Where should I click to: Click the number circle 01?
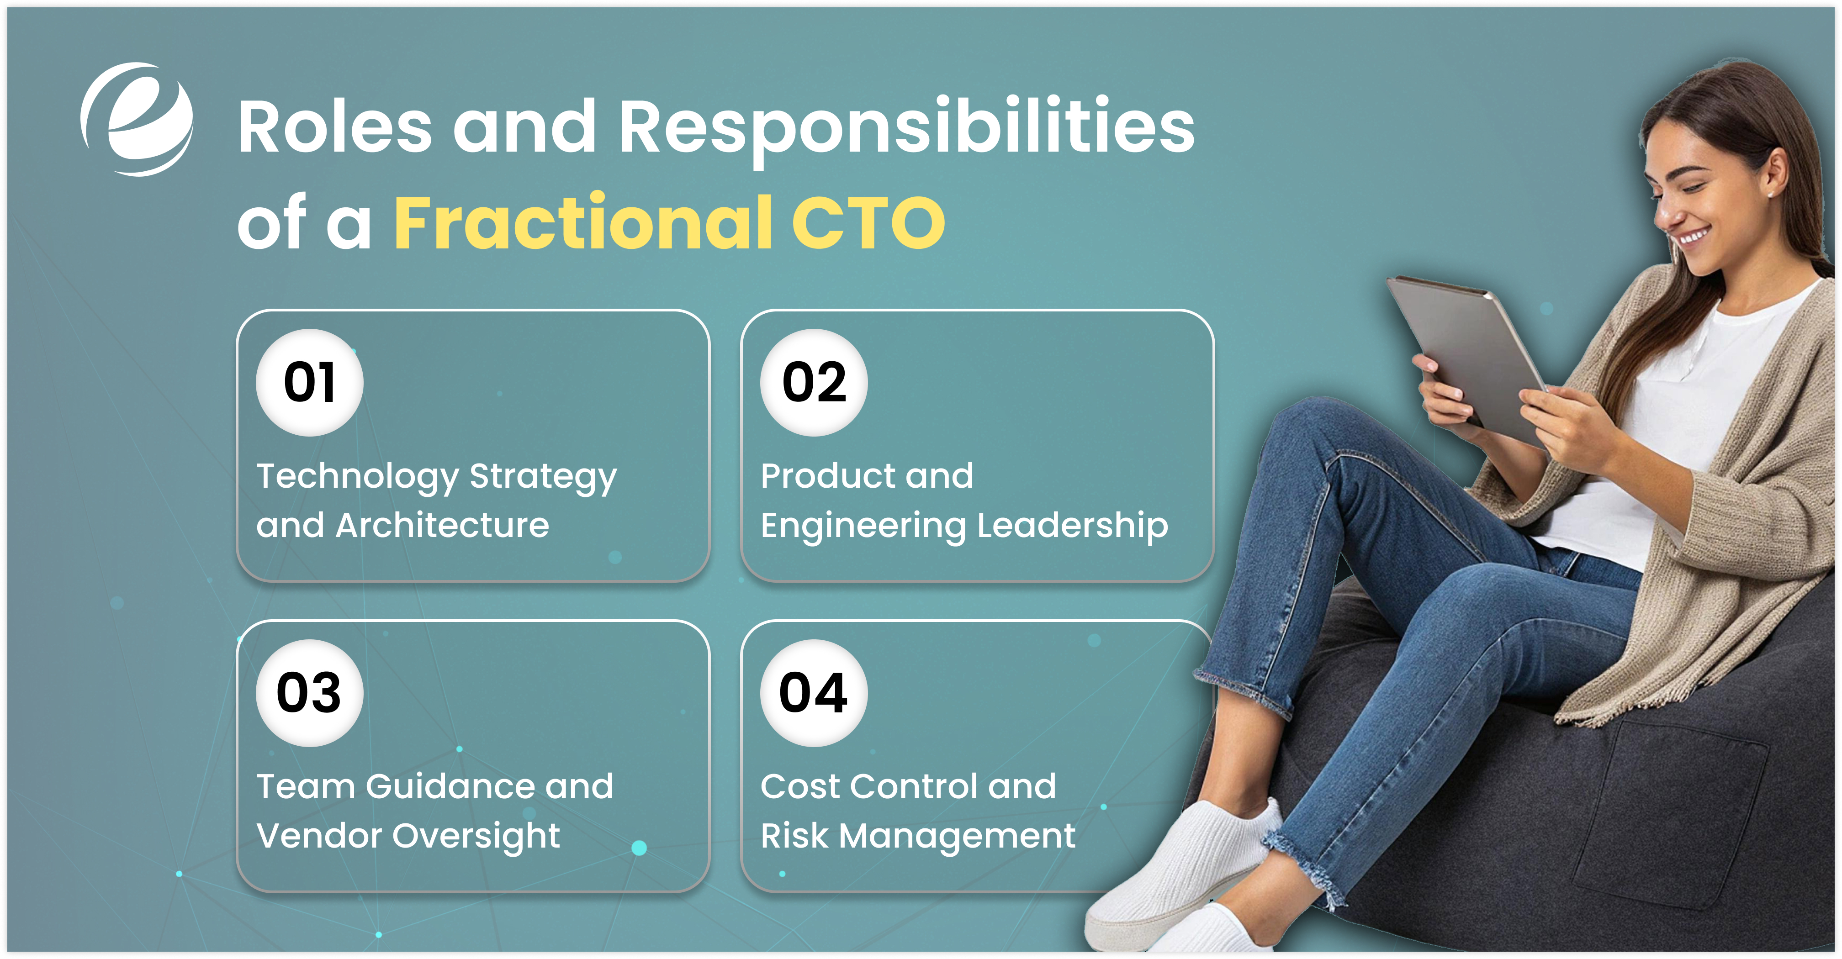tap(310, 382)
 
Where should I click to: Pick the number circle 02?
tap(814, 382)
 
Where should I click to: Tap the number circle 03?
tap(310, 693)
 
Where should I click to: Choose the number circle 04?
tap(814, 693)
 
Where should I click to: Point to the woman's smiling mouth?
tap(1693, 236)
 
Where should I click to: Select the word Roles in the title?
tap(334, 127)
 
